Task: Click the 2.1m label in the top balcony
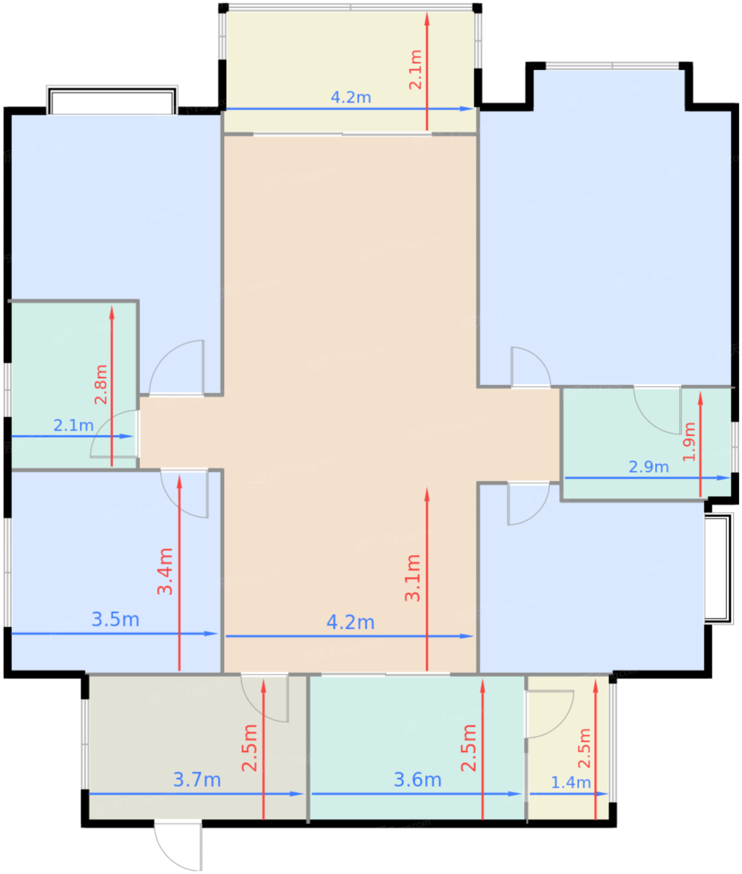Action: pos(415,70)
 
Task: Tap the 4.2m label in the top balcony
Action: pos(351,97)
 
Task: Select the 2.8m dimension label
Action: pos(101,385)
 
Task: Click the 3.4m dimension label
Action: pos(165,571)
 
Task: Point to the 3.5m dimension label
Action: pos(115,619)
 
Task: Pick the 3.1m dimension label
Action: pos(412,577)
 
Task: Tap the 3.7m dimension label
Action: pos(197,780)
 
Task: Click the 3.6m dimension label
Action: pos(417,780)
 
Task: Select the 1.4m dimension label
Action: pos(570,782)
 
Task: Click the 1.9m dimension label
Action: pos(689,441)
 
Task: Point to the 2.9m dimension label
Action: pos(648,466)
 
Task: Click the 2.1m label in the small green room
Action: pos(73,425)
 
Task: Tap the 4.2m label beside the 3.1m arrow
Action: pos(351,622)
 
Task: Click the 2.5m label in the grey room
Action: pos(250,748)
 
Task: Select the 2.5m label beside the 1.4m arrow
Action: pos(584,748)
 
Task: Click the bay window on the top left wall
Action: pos(112,101)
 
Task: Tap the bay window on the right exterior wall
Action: pos(719,567)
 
